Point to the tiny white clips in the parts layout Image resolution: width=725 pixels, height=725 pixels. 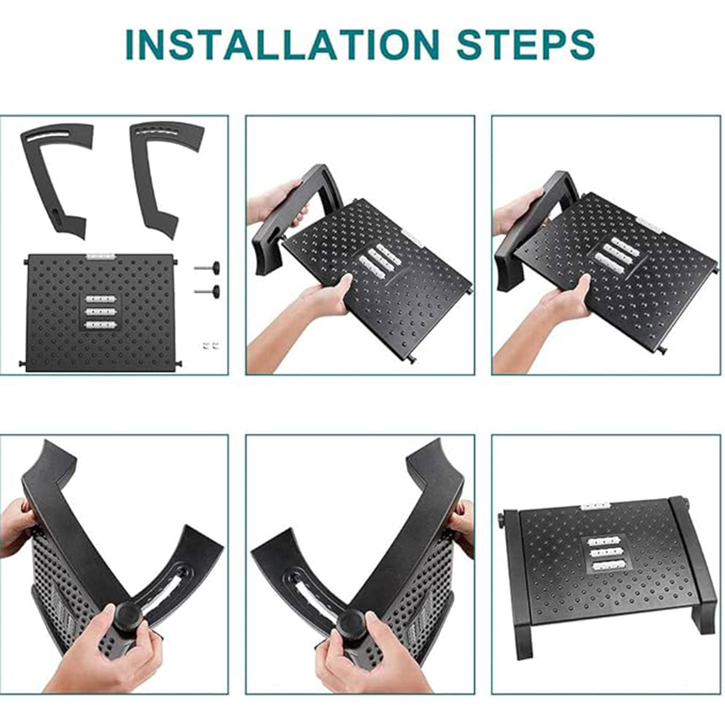209,346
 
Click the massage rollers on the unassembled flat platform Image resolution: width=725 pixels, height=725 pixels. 100,312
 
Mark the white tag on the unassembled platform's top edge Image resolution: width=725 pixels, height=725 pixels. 100,256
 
